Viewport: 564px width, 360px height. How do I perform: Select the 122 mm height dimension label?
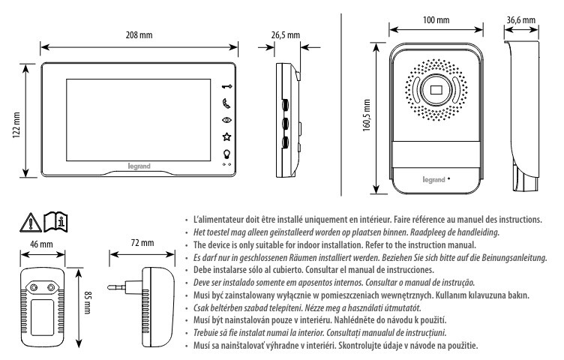16,118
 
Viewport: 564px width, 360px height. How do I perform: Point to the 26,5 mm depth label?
285,34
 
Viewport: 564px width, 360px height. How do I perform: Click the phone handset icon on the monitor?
226,102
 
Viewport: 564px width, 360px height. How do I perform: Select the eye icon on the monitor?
226,119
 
